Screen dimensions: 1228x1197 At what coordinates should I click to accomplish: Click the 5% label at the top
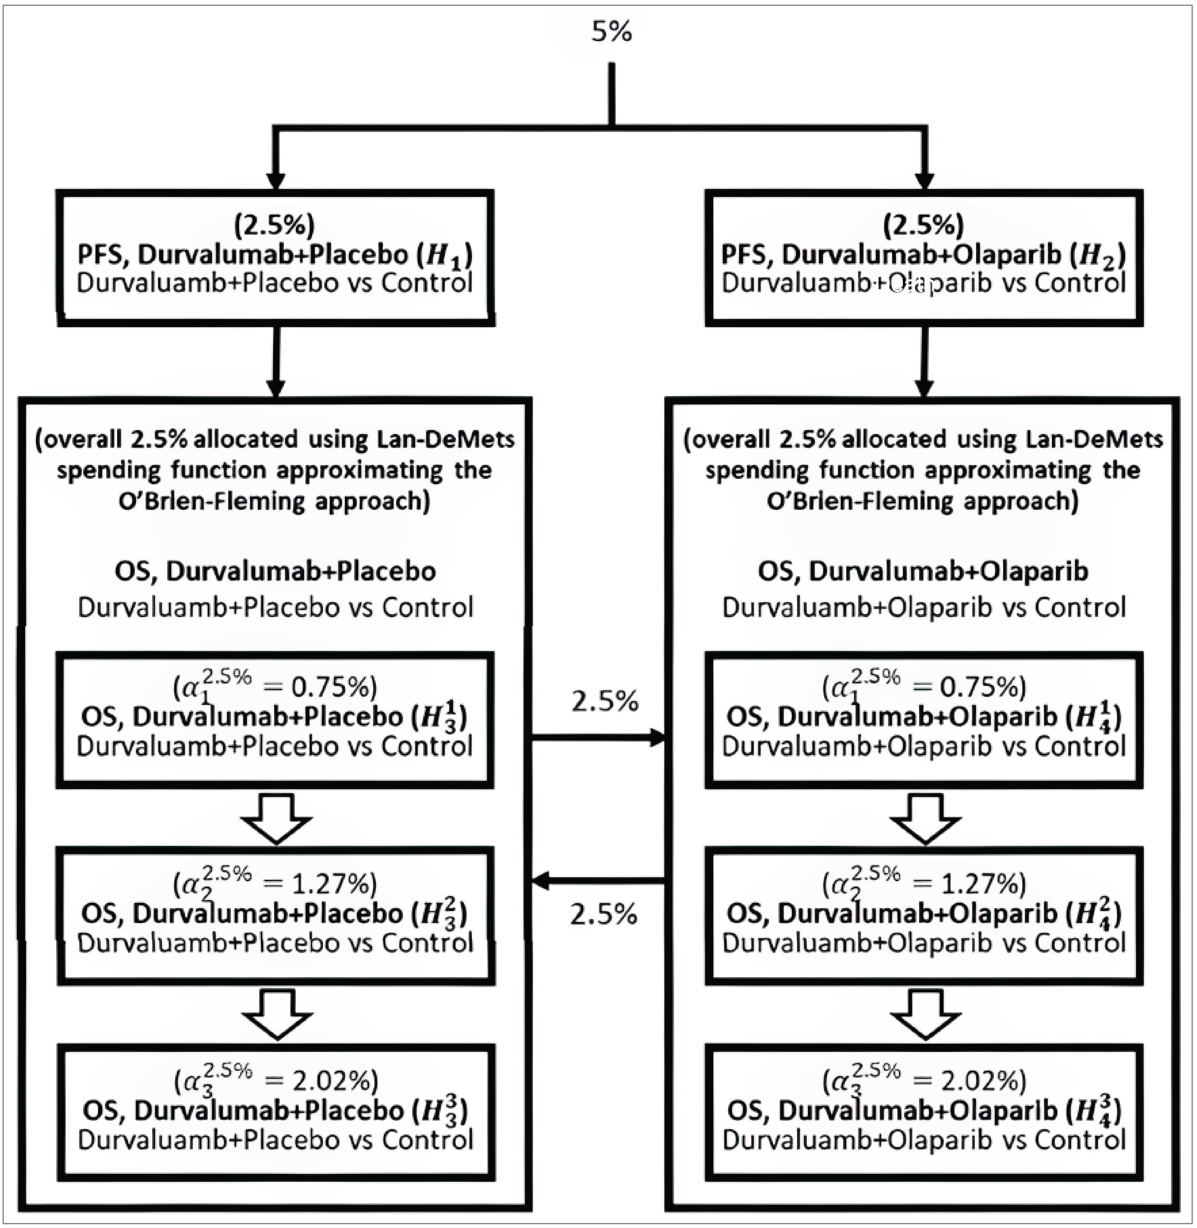[611, 31]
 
